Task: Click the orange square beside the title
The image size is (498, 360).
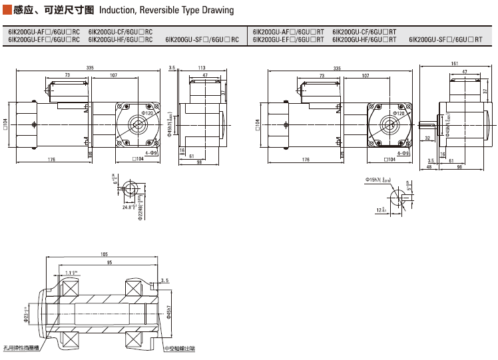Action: [x=7, y=10]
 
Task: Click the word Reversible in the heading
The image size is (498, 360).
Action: [x=166, y=10]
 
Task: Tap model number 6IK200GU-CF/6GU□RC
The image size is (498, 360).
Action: [x=121, y=32]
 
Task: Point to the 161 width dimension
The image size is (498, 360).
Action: [x=455, y=63]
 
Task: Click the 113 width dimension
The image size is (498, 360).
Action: [x=201, y=68]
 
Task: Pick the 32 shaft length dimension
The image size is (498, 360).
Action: [x=427, y=138]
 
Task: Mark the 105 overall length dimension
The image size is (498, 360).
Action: [x=104, y=254]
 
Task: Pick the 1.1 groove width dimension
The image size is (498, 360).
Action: [x=71, y=272]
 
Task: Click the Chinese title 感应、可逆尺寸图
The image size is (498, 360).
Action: [x=54, y=10]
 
